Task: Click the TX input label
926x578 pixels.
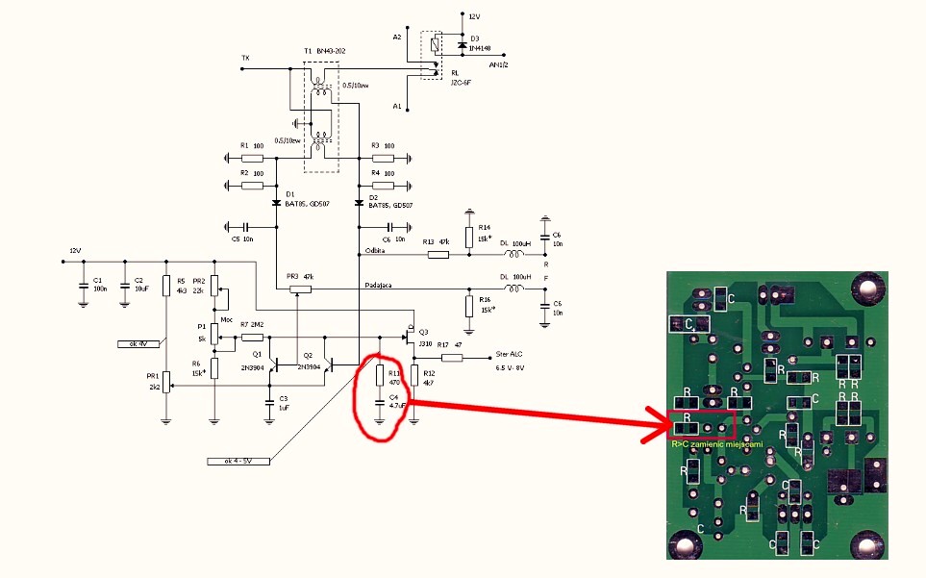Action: coord(245,59)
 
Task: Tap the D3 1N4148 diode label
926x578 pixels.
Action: coord(480,44)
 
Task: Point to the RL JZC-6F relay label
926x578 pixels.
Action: coord(463,77)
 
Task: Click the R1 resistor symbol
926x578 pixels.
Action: coord(252,157)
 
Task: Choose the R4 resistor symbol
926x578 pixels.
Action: coord(383,185)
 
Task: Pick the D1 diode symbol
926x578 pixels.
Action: coord(277,203)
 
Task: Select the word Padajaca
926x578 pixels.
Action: coord(381,285)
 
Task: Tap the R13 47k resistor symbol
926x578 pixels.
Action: coord(438,255)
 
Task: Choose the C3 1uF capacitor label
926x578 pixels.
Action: coord(283,402)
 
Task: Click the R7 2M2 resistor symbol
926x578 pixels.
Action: coord(252,338)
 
